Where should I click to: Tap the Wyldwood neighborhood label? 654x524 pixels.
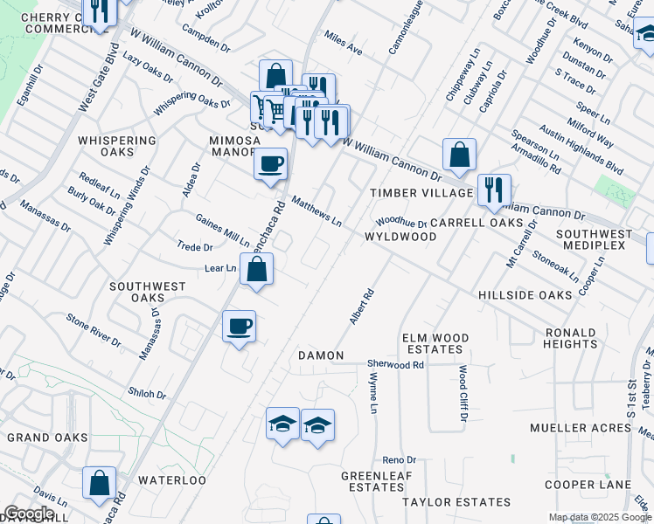click(400, 237)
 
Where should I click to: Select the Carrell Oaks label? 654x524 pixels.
click(469, 223)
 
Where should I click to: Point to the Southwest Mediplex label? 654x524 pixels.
click(595, 241)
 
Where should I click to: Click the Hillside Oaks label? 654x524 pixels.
click(525, 295)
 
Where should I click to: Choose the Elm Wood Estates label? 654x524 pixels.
click(435, 343)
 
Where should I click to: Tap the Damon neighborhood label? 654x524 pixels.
click(321, 356)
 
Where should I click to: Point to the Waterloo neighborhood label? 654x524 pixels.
click(171, 480)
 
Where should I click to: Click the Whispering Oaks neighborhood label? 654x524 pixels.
click(117, 147)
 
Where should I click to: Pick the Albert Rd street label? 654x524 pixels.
click(362, 307)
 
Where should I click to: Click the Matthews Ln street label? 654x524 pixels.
click(317, 210)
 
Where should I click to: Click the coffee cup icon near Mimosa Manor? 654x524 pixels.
click(270, 162)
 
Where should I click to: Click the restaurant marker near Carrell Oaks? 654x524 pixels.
click(494, 190)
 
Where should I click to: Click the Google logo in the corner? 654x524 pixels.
click(29, 514)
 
